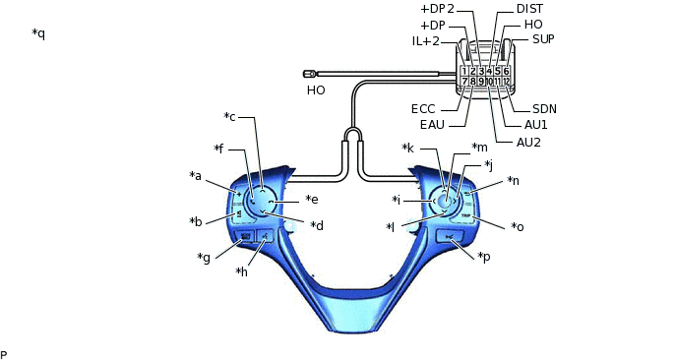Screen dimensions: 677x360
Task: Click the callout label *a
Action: (195, 176)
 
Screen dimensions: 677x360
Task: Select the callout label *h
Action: (241, 271)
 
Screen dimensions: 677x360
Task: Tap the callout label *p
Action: (484, 257)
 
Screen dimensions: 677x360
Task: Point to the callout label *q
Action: (38, 33)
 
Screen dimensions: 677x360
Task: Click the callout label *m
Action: (479, 148)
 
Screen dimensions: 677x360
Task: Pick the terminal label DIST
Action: (529, 9)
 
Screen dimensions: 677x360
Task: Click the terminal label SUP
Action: (543, 39)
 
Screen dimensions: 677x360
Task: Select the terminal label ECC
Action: (423, 109)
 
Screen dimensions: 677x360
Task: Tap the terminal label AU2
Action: (528, 143)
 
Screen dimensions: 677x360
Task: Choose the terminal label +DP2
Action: (437, 9)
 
